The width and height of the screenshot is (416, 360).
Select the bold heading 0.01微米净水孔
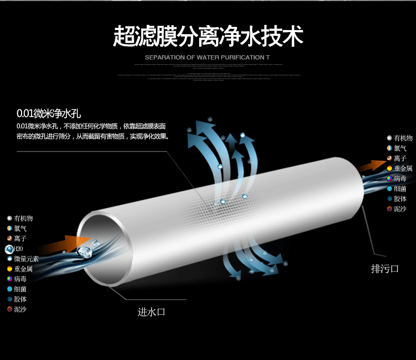click(49, 113)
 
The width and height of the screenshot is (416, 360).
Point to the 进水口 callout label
click(152, 312)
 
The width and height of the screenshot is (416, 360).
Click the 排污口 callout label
click(385, 269)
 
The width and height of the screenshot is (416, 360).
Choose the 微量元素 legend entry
click(26, 259)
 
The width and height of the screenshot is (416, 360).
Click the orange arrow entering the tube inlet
click(58, 246)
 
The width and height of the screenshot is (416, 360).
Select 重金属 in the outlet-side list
click(403, 168)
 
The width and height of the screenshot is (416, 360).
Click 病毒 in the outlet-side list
click(400, 179)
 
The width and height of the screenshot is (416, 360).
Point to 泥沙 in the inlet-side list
click(21, 309)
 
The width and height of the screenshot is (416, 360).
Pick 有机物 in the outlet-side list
click(403, 138)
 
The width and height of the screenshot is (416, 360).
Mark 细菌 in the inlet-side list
click(21, 289)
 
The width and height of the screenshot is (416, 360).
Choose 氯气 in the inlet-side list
click(21, 228)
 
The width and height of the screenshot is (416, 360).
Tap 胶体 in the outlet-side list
click(400, 199)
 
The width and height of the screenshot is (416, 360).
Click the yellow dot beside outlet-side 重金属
click(390, 168)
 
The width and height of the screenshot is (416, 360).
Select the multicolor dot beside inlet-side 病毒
click(9, 279)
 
